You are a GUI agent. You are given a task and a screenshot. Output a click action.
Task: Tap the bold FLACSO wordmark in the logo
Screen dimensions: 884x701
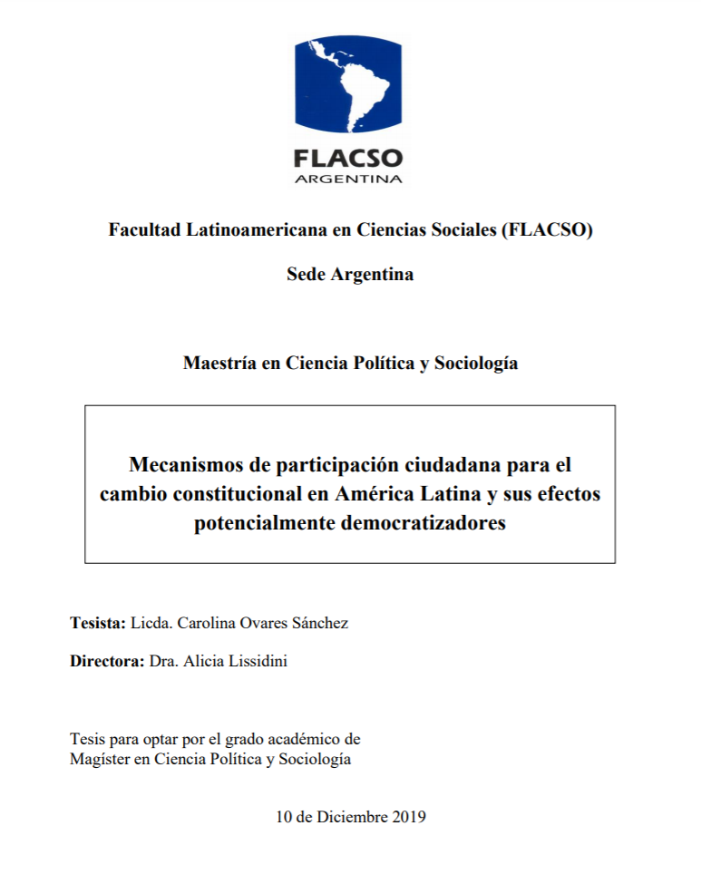[x=348, y=158]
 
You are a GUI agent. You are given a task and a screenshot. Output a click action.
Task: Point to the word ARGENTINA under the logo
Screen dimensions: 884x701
[x=348, y=179]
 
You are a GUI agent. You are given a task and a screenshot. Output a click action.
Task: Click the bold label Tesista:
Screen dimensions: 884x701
[x=98, y=623]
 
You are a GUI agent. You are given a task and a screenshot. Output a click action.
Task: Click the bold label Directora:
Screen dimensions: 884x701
[x=107, y=661]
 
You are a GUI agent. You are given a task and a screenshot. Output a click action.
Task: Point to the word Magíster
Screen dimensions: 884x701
[x=100, y=759]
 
